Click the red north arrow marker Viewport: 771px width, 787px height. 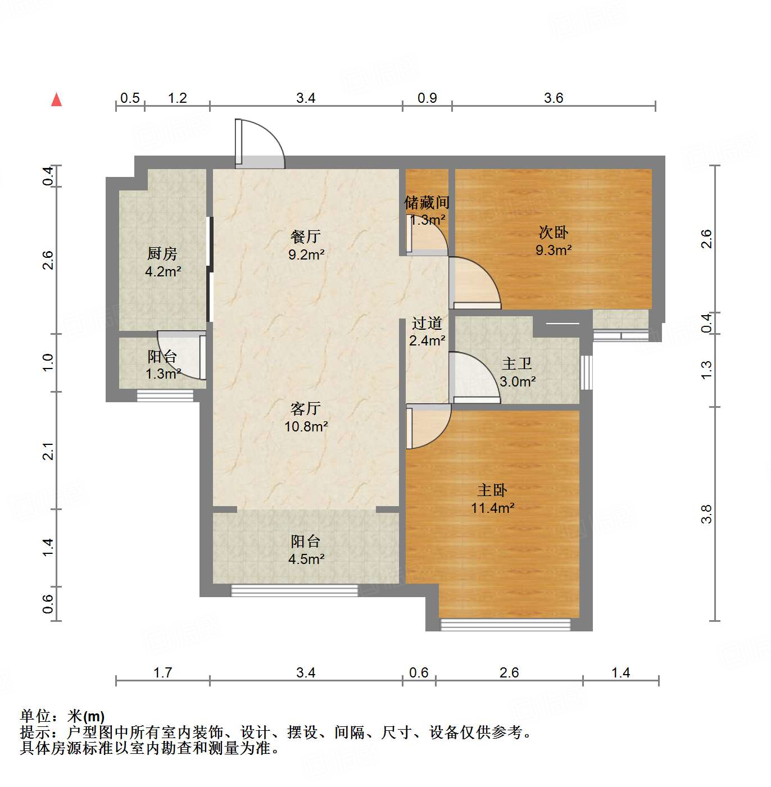56,99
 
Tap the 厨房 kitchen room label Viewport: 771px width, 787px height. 162,253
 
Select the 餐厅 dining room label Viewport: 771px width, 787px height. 306,236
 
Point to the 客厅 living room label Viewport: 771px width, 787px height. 306,408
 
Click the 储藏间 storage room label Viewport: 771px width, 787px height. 427,202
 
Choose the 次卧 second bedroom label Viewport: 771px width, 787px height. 554,232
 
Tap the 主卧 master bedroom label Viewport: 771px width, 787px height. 492,490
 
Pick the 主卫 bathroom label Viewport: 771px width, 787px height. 517,364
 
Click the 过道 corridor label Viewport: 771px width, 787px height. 427,323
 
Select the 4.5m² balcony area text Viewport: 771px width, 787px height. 306,559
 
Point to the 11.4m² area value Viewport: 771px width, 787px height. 493,508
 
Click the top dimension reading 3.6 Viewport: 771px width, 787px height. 554,98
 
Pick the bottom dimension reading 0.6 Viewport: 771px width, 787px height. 419,672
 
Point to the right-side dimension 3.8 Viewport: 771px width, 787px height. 707,514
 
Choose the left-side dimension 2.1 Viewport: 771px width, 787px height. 49,451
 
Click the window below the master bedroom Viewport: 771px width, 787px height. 505,624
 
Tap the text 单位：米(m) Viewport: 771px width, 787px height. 62,716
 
